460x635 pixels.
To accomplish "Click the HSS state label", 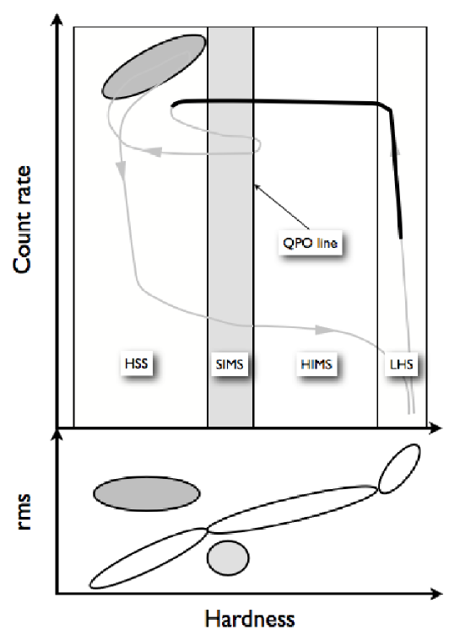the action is (x=137, y=363).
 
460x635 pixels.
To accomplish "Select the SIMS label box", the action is (x=230, y=364).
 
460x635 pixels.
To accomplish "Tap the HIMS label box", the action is (x=317, y=364).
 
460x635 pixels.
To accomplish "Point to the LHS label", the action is (x=401, y=364).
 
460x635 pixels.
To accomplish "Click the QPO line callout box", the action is (x=310, y=243).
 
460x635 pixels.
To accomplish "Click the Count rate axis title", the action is (x=22, y=220).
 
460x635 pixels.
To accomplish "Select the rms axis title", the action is (x=23, y=512).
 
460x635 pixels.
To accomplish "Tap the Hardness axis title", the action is (x=250, y=619).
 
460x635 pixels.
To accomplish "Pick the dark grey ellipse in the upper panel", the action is (x=154, y=67).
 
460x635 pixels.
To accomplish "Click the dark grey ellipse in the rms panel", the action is (x=147, y=493).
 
